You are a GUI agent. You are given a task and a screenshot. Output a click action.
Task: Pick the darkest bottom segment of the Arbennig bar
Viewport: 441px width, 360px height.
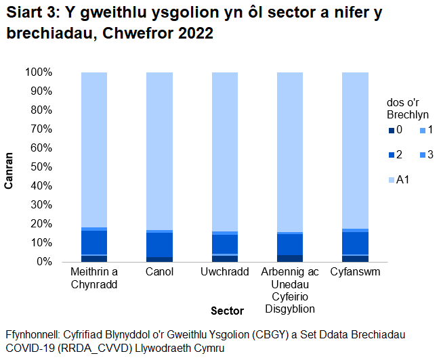pyautogui.click(x=290, y=258)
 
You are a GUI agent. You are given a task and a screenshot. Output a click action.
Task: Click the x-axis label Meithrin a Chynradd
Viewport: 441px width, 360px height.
pyautogui.click(x=94, y=278)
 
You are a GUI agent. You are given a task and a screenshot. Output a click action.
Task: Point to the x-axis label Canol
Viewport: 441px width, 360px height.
pyautogui.click(x=159, y=272)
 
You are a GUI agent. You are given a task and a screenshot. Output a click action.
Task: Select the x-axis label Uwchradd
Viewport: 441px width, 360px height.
pyautogui.click(x=224, y=272)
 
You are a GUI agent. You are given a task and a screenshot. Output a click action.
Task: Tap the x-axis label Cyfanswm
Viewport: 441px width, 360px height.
pyautogui.click(x=355, y=272)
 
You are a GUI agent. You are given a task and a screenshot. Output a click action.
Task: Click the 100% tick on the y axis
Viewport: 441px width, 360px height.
pyautogui.click(x=38, y=72)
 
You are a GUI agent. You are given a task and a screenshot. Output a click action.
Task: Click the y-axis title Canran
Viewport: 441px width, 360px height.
pyautogui.click(x=9, y=166)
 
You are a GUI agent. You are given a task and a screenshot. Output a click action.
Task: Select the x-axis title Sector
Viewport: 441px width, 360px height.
pyautogui.click(x=227, y=311)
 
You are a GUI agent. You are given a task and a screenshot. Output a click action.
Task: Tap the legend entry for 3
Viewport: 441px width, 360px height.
pyautogui.click(x=426, y=155)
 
